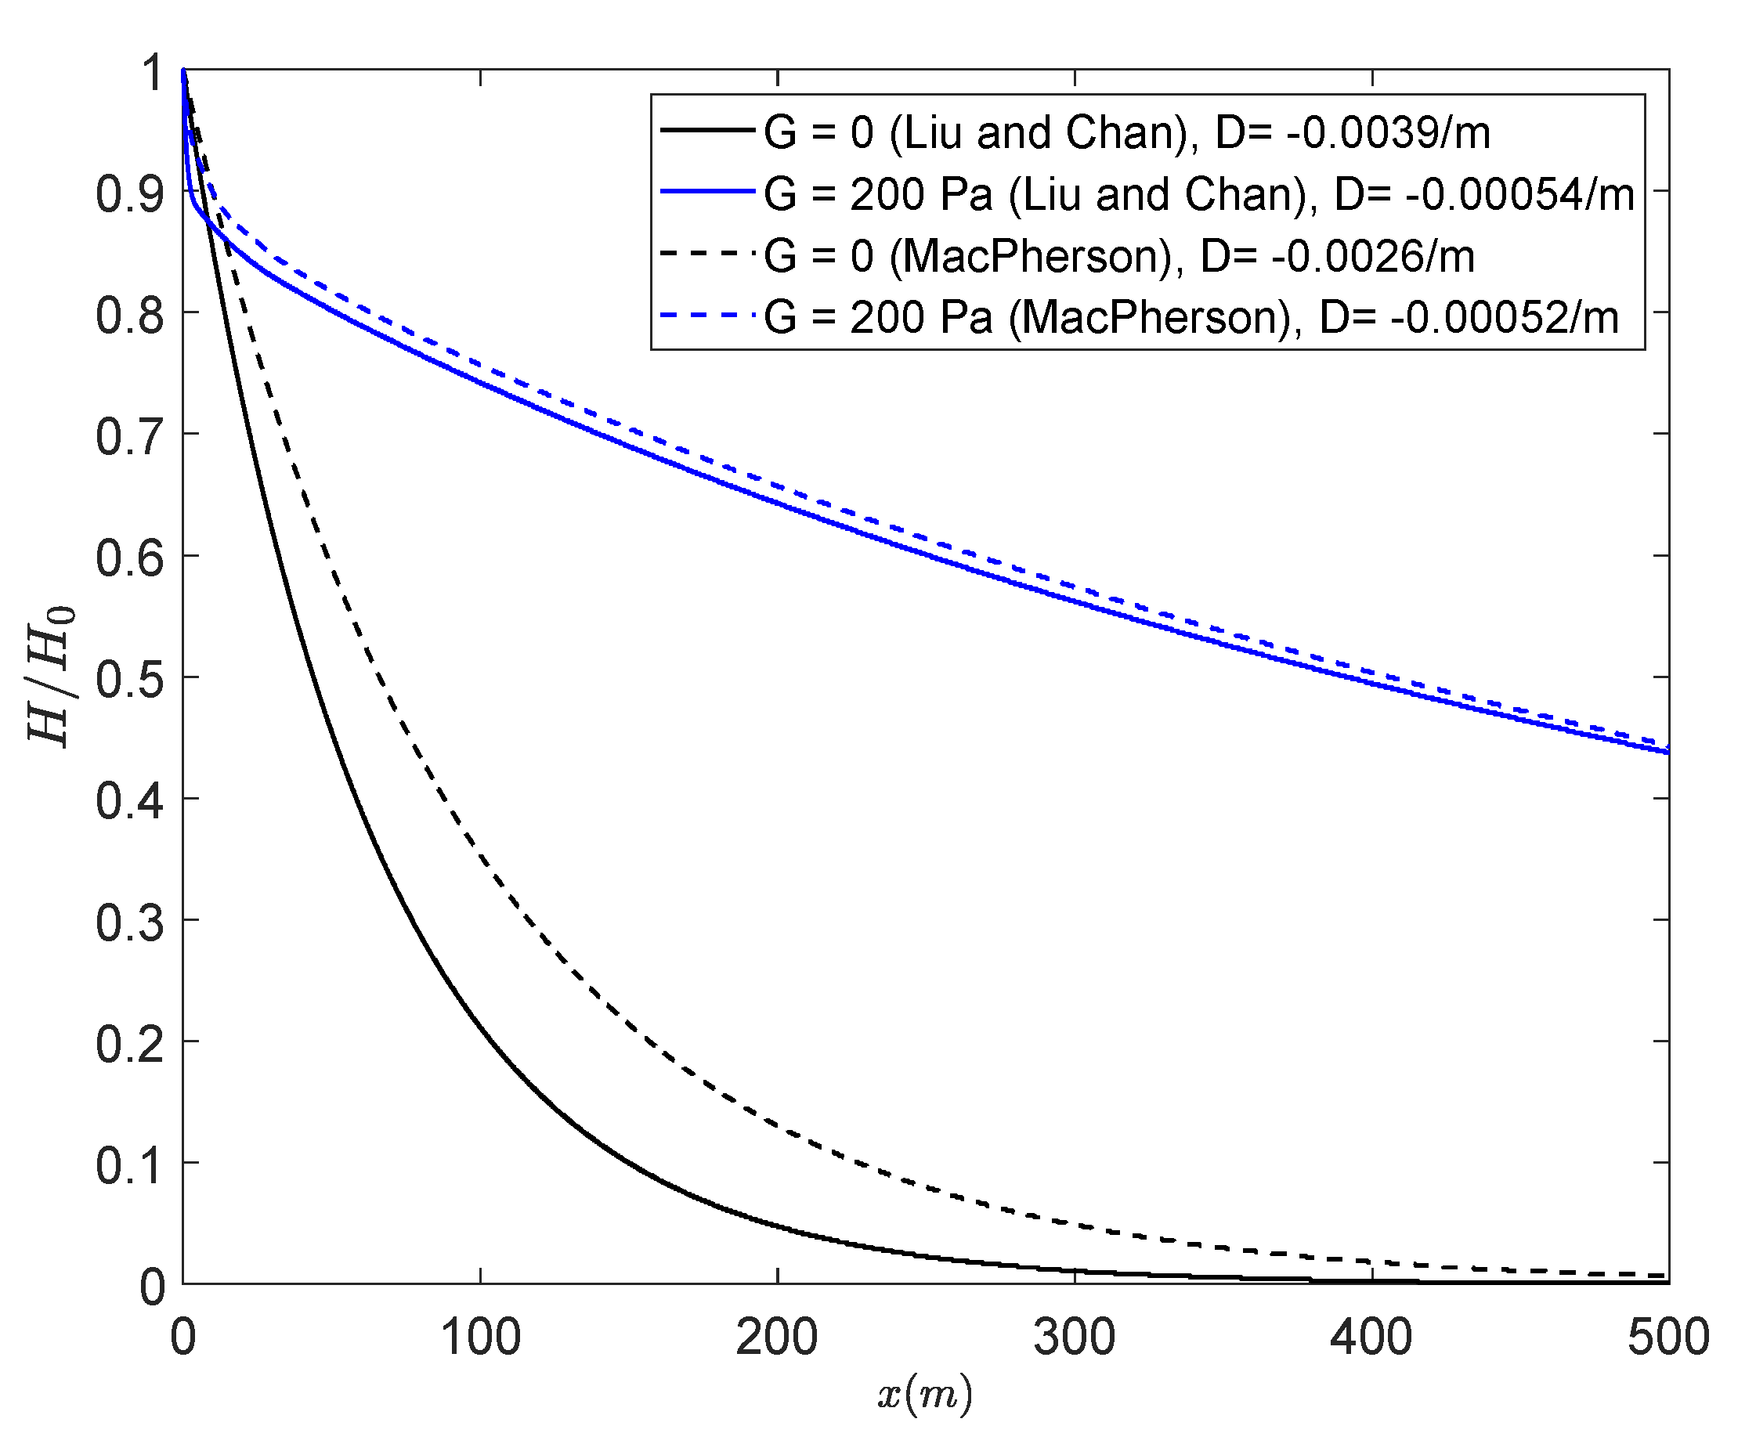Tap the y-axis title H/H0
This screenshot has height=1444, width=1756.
click(x=52, y=677)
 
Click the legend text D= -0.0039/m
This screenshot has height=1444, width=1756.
click(x=1353, y=133)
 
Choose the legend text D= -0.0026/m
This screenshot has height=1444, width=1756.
click(x=1338, y=256)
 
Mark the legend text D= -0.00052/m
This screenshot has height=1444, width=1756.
click(x=1469, y=318)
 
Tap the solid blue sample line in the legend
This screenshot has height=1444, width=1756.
click(x=707, y=192)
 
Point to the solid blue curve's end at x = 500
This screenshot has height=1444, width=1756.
click(x=1666, y=752)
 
